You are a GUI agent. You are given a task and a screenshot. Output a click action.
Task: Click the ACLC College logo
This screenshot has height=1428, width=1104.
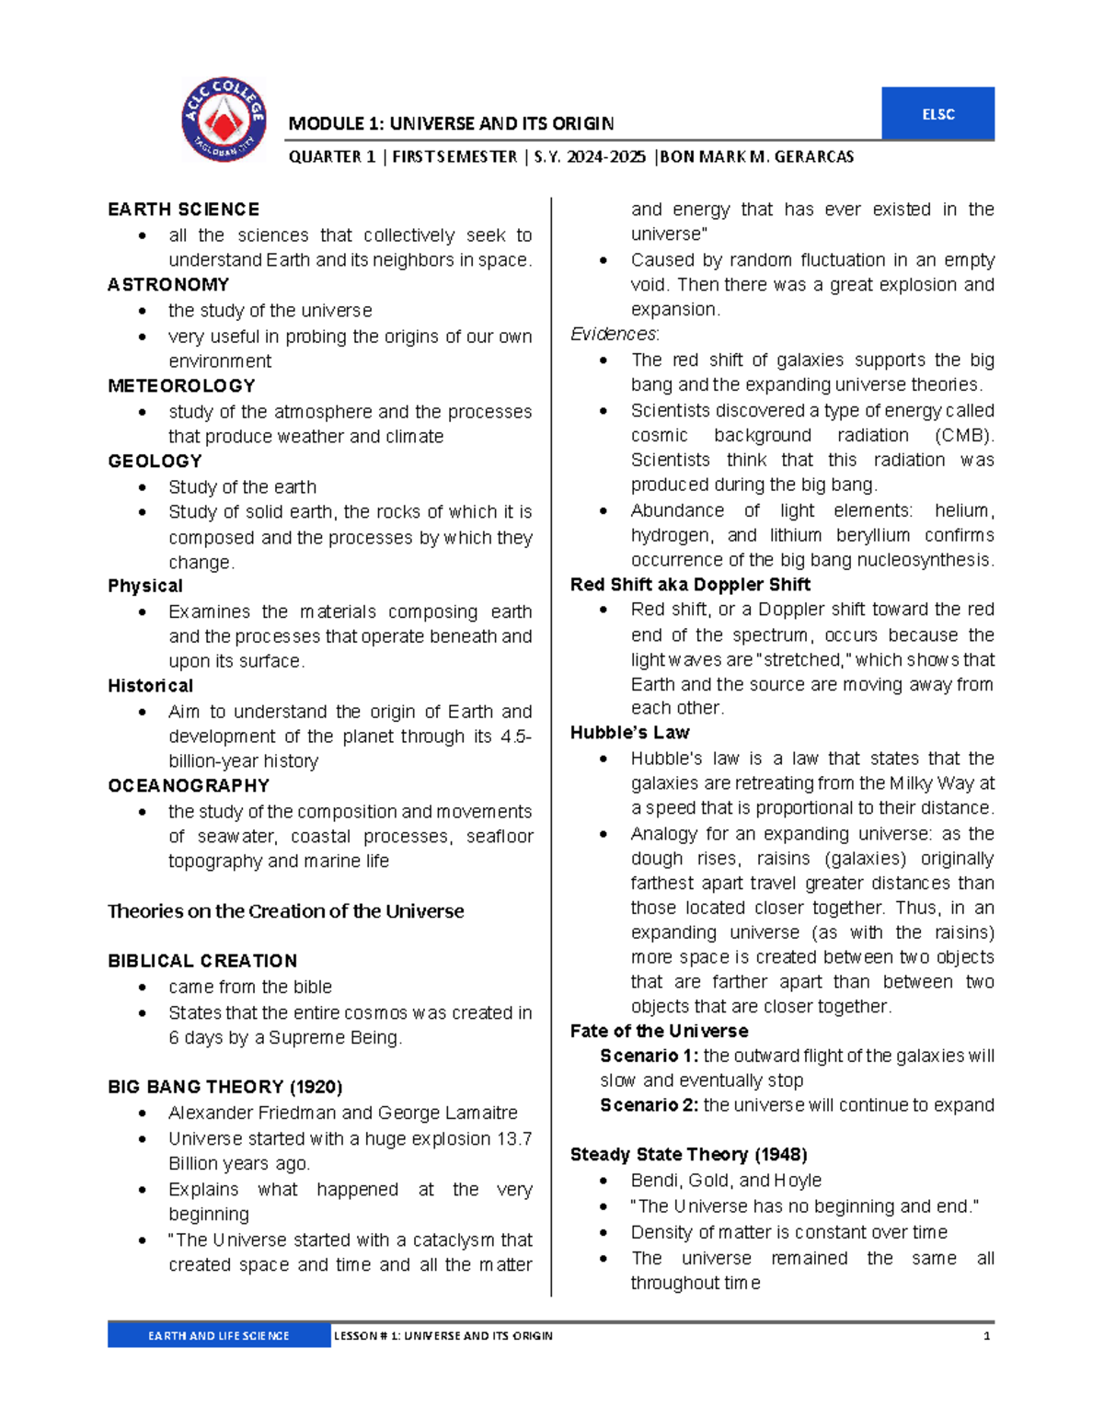224,120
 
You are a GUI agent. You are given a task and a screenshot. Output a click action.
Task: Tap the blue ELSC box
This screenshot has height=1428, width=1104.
937,114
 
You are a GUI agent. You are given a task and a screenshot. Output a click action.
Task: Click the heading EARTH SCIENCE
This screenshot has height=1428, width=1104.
183,210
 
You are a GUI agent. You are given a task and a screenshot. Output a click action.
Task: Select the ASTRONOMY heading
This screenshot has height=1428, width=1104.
168,285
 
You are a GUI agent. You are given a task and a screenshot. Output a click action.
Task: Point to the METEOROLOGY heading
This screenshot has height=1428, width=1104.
181,386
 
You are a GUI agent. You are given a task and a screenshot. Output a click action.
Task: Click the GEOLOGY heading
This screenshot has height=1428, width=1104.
155,462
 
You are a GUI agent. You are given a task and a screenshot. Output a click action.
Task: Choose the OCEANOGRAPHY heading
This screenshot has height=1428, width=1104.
189,786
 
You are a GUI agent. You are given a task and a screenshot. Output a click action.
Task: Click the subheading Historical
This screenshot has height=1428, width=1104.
150,686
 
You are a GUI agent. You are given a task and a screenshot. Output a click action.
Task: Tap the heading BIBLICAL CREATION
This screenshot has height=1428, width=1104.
202,961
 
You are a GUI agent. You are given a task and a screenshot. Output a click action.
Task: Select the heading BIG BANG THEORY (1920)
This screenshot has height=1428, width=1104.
224,1087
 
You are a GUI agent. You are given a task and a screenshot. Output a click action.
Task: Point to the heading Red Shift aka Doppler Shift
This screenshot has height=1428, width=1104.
690,585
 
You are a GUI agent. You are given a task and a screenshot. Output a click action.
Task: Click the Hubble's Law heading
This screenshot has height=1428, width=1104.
629,733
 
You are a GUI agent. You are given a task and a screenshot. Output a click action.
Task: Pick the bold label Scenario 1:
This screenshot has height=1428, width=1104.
649,1056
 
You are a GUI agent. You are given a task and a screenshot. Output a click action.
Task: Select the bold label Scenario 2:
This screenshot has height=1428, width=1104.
649,1105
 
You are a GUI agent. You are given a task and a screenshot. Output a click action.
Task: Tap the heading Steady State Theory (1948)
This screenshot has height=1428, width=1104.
688,1155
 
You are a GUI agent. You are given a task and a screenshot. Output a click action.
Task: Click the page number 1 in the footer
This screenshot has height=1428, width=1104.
986,1336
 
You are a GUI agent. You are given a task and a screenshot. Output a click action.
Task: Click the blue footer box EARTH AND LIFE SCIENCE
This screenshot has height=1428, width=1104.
219,1336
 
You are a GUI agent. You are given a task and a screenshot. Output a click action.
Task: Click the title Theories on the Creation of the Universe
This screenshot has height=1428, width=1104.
285,911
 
